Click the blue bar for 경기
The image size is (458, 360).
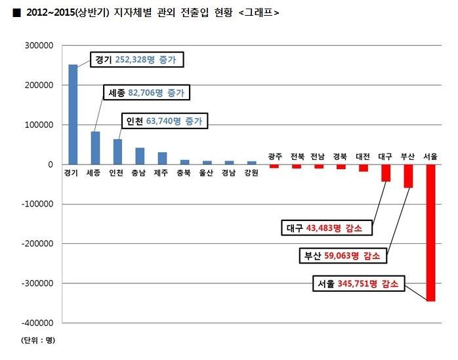(73, 115)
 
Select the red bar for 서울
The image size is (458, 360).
(430, 232)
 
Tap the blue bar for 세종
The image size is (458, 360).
(95, 148)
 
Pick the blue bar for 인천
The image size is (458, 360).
(117, 151)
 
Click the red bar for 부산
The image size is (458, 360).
(408, 176)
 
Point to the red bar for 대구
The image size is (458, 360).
(386, 172)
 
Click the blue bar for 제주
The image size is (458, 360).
(162, 158)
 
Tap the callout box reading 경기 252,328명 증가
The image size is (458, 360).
(136, 60)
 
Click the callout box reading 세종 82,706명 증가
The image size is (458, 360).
(146, 92)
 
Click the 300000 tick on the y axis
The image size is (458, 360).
(39, 46)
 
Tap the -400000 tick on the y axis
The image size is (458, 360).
(38, 323)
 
